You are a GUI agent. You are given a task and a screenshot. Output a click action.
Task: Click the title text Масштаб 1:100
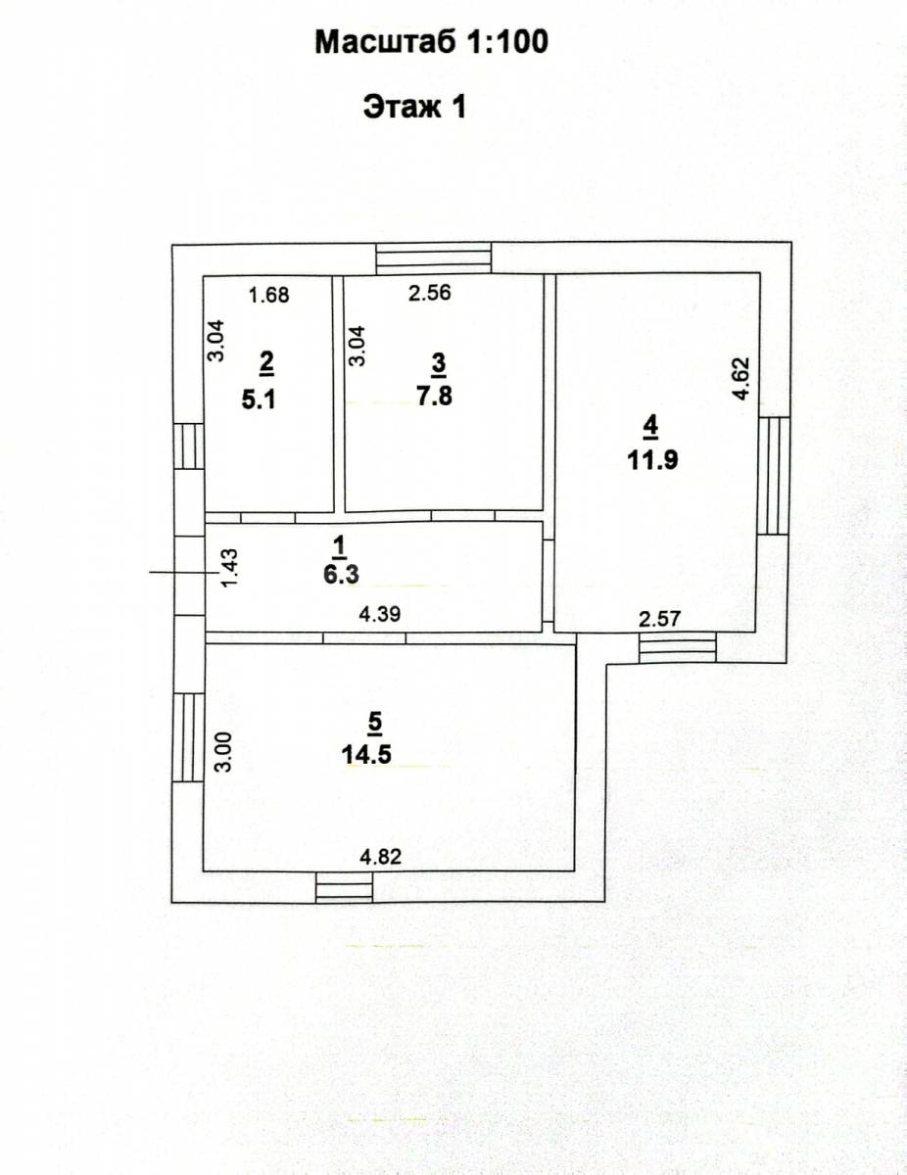pyautogui.click(x=432, y=42)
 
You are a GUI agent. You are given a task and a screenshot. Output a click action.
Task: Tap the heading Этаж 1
pyautogui.click(x=414, y=107)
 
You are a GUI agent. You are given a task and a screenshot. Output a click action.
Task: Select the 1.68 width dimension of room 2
pyautogui.click(x=268, y=296)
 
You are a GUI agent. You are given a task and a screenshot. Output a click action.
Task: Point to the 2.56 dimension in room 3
pyautogui.click(x=429, y=293)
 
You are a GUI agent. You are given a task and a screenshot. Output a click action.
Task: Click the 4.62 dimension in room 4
pyautogui.click(x=740, y=378)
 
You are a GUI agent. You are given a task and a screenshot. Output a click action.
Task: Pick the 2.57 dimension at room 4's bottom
pyautogui.click(x=659, y=619)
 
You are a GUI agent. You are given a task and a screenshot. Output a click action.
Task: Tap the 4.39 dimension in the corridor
pyautogui.click(x=380, y=614)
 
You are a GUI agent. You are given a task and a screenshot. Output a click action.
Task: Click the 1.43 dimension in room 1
pyautogui.click(x=229, y=568)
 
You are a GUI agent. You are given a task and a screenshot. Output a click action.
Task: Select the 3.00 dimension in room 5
pyautogui.click(x=222, y=752)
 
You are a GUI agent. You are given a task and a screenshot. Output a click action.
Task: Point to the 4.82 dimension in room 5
pyautogui.click(x=381, y=857)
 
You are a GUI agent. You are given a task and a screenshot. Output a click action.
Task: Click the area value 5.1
pyautogui.click(x=259, y=400)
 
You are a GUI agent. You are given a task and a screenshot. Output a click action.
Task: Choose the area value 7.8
pyautogui.click(x=434, y=397)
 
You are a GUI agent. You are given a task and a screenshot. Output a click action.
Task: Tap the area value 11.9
pyautogui.click(x=652, y=461)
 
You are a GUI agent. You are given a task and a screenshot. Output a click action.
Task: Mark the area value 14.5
pyautogui.click(x=366, y=755)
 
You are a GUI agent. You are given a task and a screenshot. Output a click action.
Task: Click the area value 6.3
pyautogui.click(x=341, y=574)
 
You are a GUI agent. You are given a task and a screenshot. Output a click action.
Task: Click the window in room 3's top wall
pyautogui.click(x=434, y=258)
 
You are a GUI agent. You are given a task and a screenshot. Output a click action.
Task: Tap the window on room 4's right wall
pyautogui.click(x=773, y=475)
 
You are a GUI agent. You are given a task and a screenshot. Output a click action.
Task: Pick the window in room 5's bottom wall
pyautogui.click(x=345, y=887)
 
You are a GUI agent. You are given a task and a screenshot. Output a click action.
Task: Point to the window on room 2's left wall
pyautogui.click(x=189, y=446)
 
